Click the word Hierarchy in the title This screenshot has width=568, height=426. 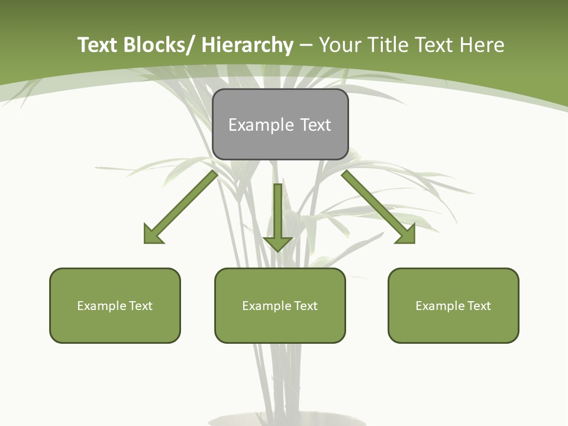(247, 45)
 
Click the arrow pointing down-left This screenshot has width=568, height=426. (183, 205)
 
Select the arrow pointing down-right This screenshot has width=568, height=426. (376, 205)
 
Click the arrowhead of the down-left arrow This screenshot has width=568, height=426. (153, 234)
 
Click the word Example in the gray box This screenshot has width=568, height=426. (253, 125)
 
